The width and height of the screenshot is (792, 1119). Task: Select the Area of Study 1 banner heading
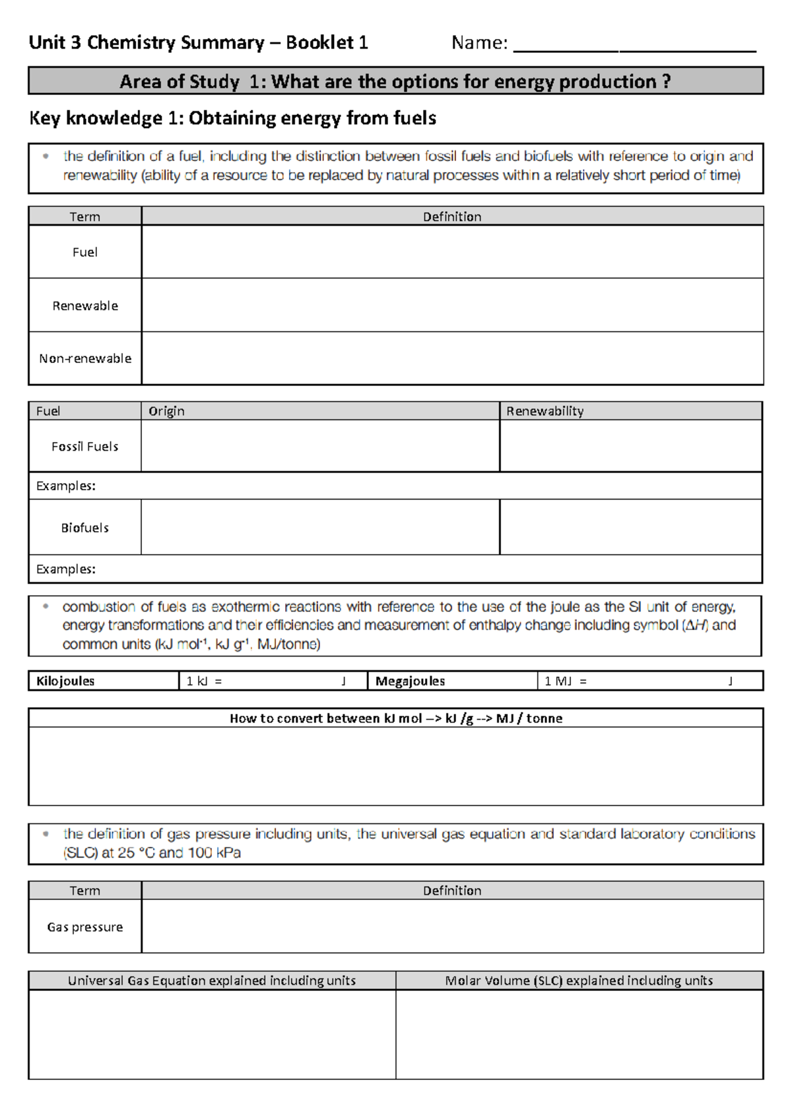pos(395,81)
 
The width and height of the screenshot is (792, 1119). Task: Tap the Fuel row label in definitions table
pos(85,252)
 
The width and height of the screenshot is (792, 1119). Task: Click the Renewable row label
pos(85,305)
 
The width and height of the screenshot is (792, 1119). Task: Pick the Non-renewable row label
pos(85,358)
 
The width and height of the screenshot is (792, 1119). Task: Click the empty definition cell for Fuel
pos(452,252)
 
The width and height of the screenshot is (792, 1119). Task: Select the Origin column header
pos(166,411)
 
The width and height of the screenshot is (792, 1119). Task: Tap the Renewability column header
pos(544,411)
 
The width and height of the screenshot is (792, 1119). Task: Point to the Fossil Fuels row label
pos(85,447)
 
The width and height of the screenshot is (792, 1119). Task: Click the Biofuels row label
pos(85,528)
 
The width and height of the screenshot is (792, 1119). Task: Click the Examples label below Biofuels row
pos(65,569)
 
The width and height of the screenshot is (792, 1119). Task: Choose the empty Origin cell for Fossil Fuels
pos(320,447)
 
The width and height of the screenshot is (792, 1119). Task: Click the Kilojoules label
pos(65,681)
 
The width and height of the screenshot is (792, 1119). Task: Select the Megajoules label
pos(410,681)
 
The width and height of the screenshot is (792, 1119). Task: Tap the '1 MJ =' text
pos(565,681)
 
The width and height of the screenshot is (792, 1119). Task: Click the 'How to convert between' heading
pos(395,719)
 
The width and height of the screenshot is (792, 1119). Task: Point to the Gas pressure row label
pos(85,927)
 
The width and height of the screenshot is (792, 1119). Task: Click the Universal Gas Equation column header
pos(211,980)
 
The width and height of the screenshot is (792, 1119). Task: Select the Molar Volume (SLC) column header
pos(579,980)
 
